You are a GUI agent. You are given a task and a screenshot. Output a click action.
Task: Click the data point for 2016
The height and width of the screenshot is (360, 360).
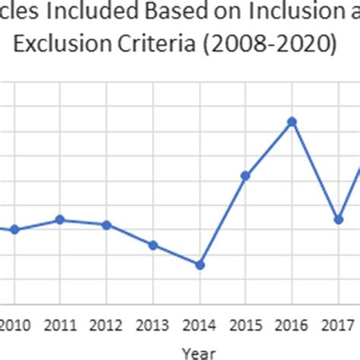(292, 122)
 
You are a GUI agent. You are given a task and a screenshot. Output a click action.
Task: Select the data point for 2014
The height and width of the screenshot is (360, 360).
(200, 265)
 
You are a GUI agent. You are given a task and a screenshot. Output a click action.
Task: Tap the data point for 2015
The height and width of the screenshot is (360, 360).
(245, 175)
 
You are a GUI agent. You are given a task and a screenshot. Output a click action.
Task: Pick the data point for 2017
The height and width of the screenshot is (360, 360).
(339, 219)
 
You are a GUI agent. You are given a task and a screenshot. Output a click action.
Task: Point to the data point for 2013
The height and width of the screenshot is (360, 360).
(153, 245)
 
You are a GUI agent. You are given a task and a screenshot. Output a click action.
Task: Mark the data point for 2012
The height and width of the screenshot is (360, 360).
(106, 225)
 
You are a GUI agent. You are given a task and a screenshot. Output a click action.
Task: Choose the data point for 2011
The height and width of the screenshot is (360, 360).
(61, 219)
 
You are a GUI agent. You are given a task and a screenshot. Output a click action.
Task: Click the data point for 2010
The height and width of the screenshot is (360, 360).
(14, 229)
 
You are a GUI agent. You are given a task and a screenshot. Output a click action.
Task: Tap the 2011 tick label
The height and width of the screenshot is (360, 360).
(61, 326)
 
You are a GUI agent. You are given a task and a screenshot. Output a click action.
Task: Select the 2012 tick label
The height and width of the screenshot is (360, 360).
(106, 326)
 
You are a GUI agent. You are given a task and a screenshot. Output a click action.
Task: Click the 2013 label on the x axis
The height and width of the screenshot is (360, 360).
(153, 326)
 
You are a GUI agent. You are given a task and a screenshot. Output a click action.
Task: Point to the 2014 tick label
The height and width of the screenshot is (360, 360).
(200, 326)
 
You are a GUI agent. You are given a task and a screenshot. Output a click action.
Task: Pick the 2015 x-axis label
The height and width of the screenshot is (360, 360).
(245, 326)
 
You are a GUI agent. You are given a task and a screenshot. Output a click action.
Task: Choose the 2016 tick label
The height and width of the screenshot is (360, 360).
(292, 326)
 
